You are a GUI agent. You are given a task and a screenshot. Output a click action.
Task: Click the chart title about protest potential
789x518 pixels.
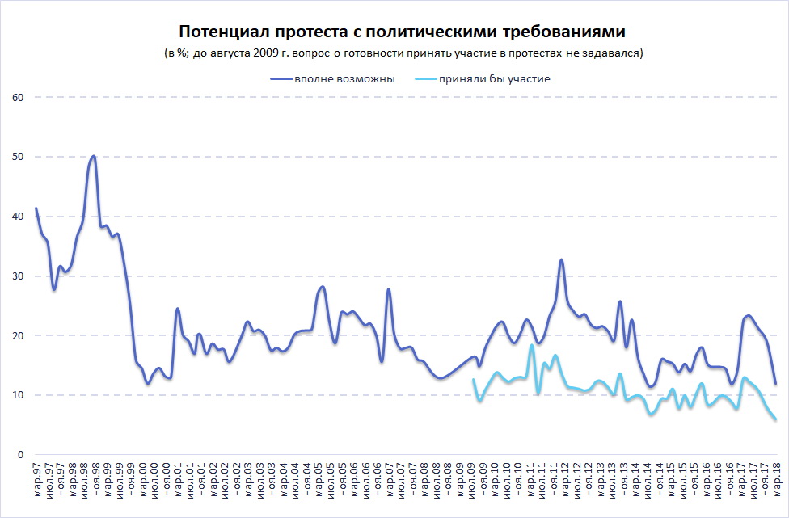click(402, 32)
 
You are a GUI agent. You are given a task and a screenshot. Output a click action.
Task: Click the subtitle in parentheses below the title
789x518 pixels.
click(402, 53)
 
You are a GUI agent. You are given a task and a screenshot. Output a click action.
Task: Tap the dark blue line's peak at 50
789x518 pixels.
click(94, 156)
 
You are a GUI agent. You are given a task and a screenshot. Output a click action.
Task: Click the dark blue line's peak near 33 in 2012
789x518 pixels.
click(561, 259)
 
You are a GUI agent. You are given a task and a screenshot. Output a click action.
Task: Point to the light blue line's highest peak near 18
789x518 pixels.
click(532, 345)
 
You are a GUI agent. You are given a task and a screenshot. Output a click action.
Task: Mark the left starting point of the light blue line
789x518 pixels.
click(473, 380)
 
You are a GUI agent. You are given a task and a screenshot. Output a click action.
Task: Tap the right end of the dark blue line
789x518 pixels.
click(775, 384)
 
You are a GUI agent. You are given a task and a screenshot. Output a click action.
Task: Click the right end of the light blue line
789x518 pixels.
click(775, 419)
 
